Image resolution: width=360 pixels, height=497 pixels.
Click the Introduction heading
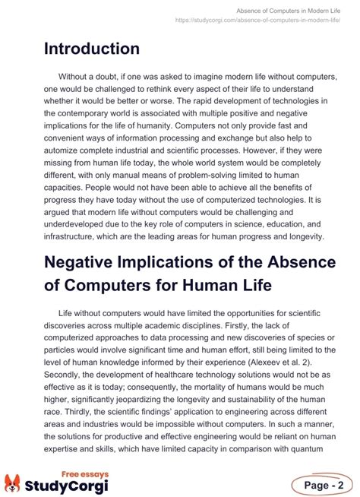tap(91, 49)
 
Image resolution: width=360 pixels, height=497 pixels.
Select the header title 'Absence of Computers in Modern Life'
tap(289, 10)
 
